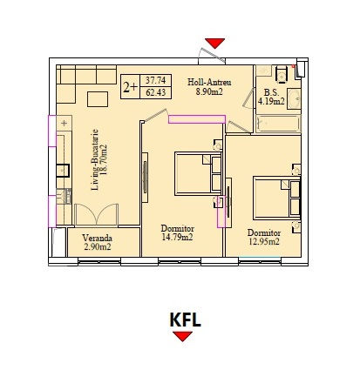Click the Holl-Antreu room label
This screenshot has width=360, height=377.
209,82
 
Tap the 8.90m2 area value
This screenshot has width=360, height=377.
209,91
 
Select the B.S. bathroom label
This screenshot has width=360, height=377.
271,92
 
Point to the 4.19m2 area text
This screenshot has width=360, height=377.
271,101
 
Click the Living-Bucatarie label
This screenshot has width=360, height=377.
95,160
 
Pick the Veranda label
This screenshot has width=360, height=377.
97,238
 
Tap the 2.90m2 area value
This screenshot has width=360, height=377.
98,247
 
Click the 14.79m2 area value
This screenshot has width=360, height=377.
177,237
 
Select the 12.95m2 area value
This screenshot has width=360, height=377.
264,241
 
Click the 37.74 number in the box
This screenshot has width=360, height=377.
156,80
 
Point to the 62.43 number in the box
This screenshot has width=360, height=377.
156,92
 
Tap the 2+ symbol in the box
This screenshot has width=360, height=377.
130,87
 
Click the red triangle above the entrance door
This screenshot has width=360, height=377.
215,43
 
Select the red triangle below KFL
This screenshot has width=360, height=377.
182,336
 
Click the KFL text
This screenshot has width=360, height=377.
185,320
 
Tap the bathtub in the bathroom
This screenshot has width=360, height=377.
278,124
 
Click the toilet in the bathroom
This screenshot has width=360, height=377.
282,73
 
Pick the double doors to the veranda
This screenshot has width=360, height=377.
96,214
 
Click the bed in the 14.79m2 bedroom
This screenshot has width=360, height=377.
198,173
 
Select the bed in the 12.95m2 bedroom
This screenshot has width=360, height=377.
276,198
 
